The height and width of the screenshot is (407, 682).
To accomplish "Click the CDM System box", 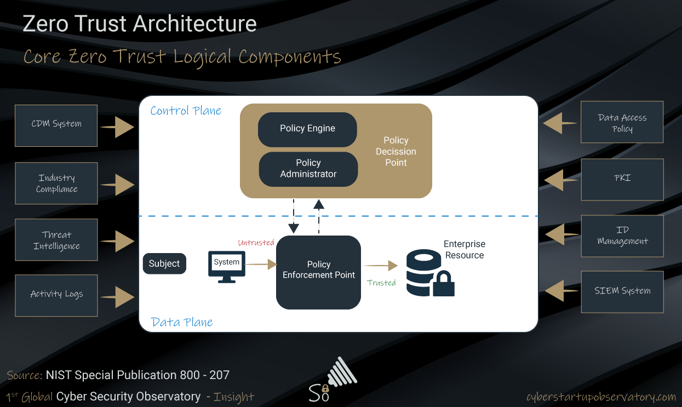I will click(56, 125).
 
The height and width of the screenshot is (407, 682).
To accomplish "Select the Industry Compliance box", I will click(56, 184).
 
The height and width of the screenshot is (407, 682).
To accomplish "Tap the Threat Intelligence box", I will click(56, 240).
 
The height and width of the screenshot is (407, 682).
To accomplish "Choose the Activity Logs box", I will click(56, 295).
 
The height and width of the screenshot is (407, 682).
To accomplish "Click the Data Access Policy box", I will click(622, 122).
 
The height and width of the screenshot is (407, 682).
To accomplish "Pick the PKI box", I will click(622, 179).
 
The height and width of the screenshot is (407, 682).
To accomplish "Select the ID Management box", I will click(622, 236).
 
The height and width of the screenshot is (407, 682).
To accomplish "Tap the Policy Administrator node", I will click(308, 169).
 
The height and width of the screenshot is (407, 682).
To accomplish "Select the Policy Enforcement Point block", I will click(318, 272).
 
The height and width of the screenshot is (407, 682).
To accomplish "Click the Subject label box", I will click(164, 263).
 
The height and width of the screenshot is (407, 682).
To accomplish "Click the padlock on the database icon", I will click(443, 284).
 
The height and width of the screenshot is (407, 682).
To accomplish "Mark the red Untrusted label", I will click(256, 243).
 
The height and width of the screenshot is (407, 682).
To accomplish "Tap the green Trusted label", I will click(381, 283).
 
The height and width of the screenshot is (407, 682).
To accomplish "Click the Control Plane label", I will click(186, 111).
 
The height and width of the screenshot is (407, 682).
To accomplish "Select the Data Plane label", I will click(182, 322).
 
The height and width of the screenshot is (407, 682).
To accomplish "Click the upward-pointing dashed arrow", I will click(319, 216).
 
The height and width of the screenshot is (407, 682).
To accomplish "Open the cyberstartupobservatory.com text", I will click(601, 397).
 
